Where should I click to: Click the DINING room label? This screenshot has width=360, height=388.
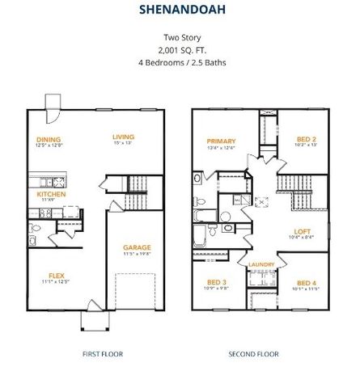click(49, 138)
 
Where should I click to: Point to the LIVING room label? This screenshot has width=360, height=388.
click(123, 137)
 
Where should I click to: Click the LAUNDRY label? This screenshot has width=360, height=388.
click(261, 264)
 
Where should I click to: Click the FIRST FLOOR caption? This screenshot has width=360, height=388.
click(102, 353)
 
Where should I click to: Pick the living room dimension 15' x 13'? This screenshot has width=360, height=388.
click(123, 145)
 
